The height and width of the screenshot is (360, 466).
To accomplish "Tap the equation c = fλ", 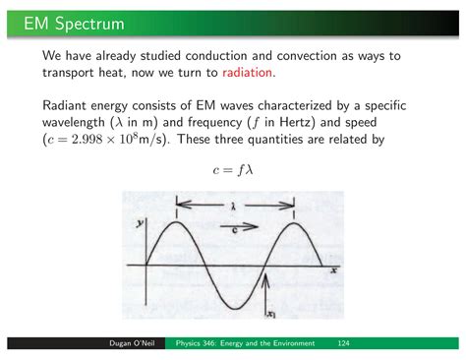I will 234,169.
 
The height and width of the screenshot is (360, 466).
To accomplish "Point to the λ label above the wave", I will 234,207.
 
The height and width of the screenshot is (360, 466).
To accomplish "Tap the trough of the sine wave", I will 237,307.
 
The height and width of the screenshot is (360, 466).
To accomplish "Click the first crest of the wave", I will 176,222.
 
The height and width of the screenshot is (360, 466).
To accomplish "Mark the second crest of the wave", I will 293,222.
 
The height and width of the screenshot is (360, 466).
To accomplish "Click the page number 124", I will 344,343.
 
